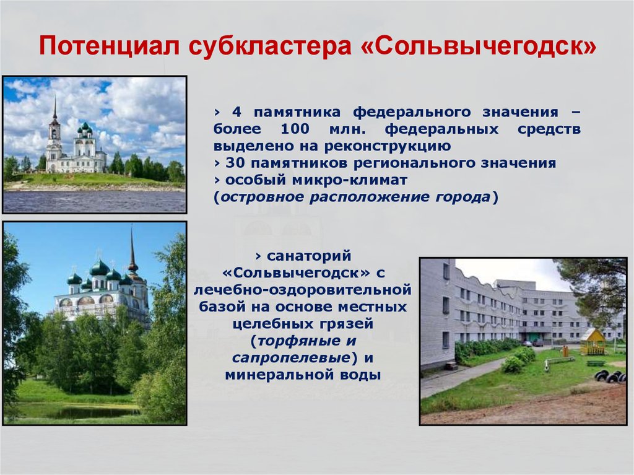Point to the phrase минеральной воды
click(x=303, y=375)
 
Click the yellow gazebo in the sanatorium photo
click(x=593, y=341)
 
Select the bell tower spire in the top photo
click(x=54, y=110)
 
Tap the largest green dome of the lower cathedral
click(x=99, y=268)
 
